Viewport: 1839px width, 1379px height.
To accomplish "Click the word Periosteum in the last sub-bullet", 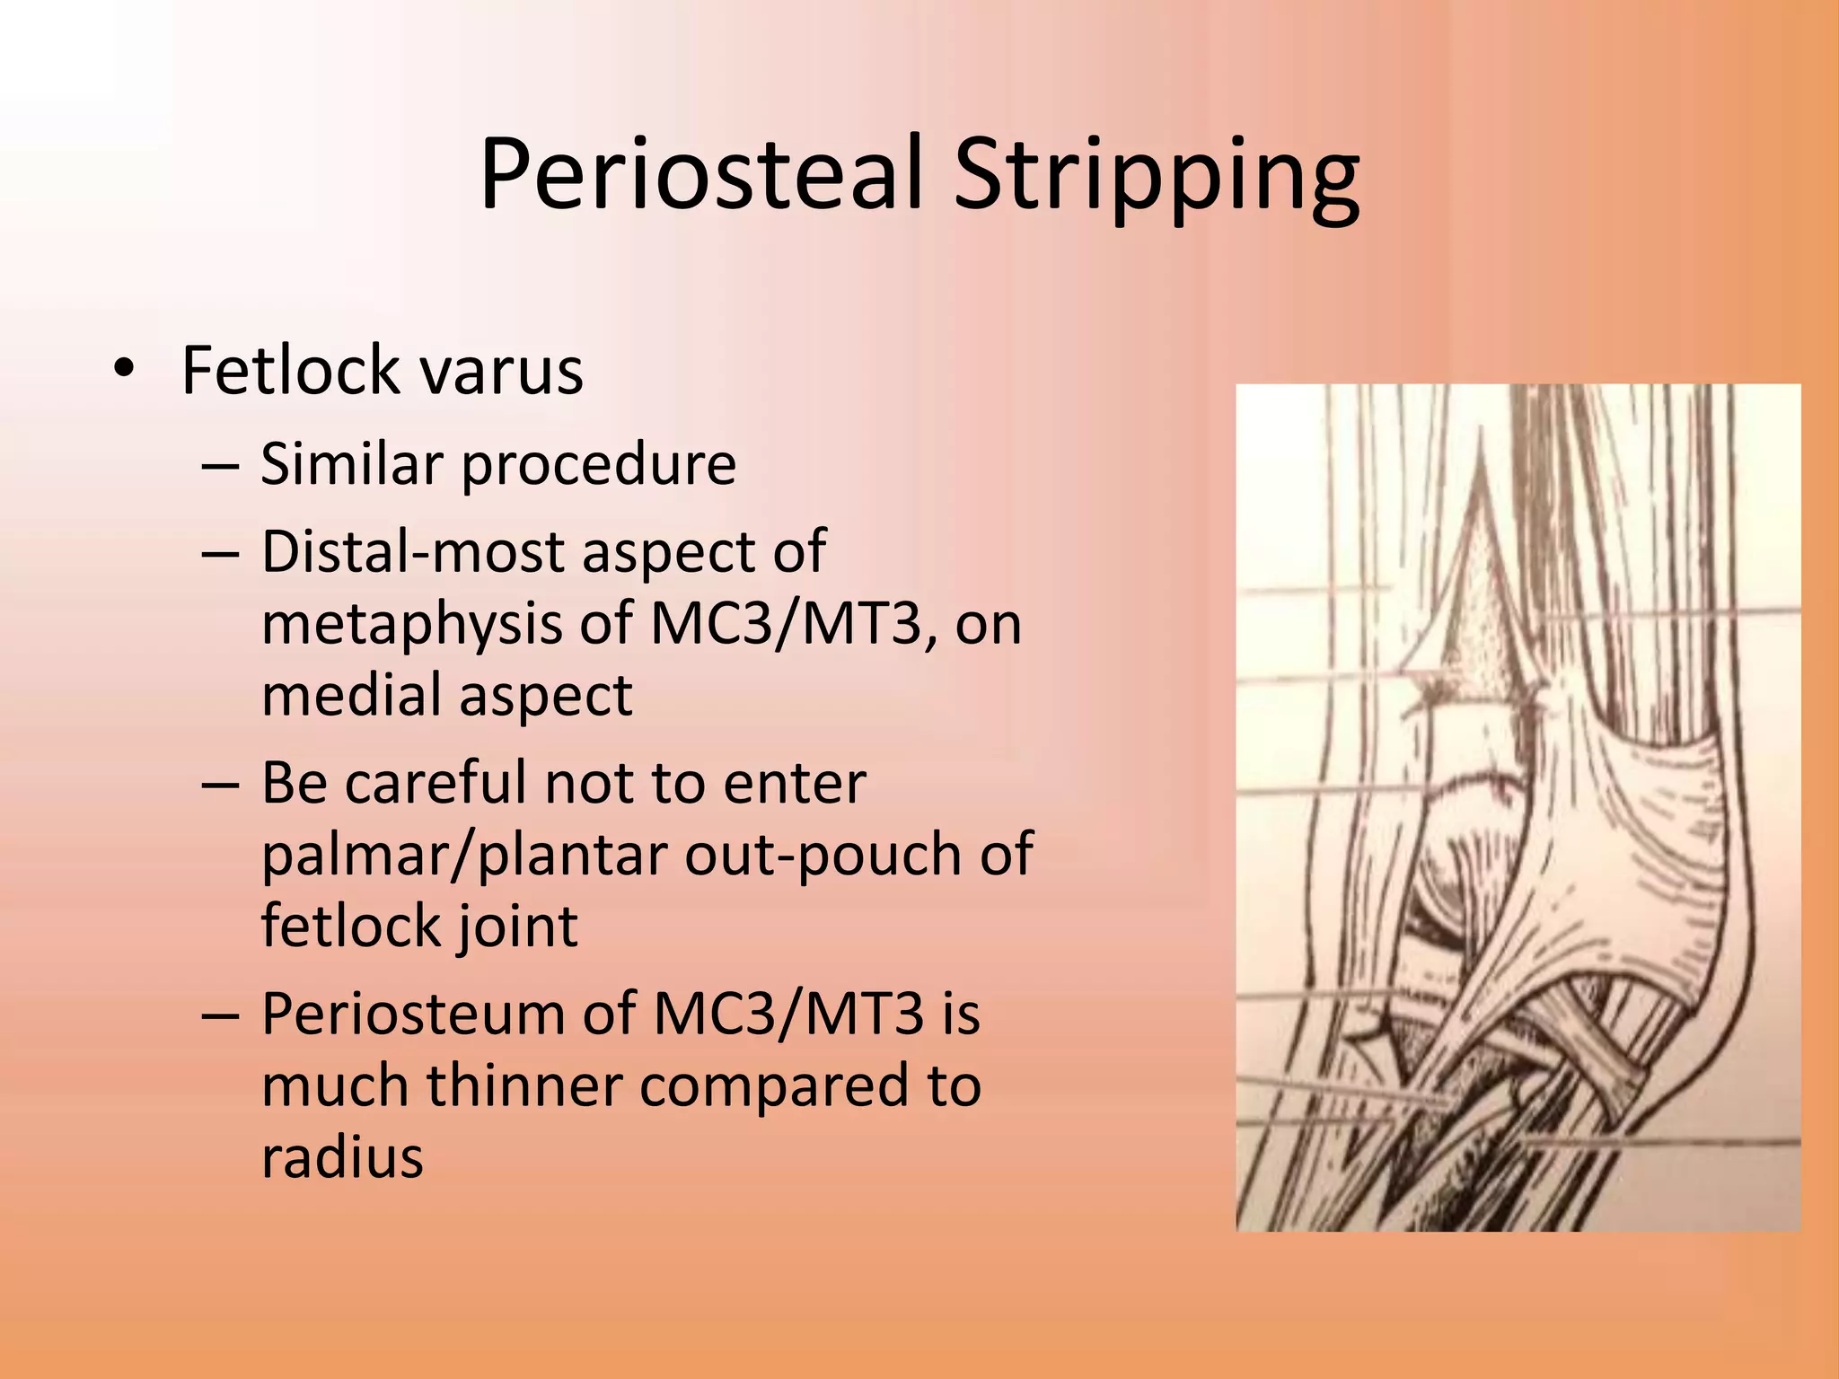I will coord(413,1014).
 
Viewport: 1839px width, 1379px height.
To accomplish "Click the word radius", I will coord(342,1157).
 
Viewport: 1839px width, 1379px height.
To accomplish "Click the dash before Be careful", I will coord(221,783).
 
